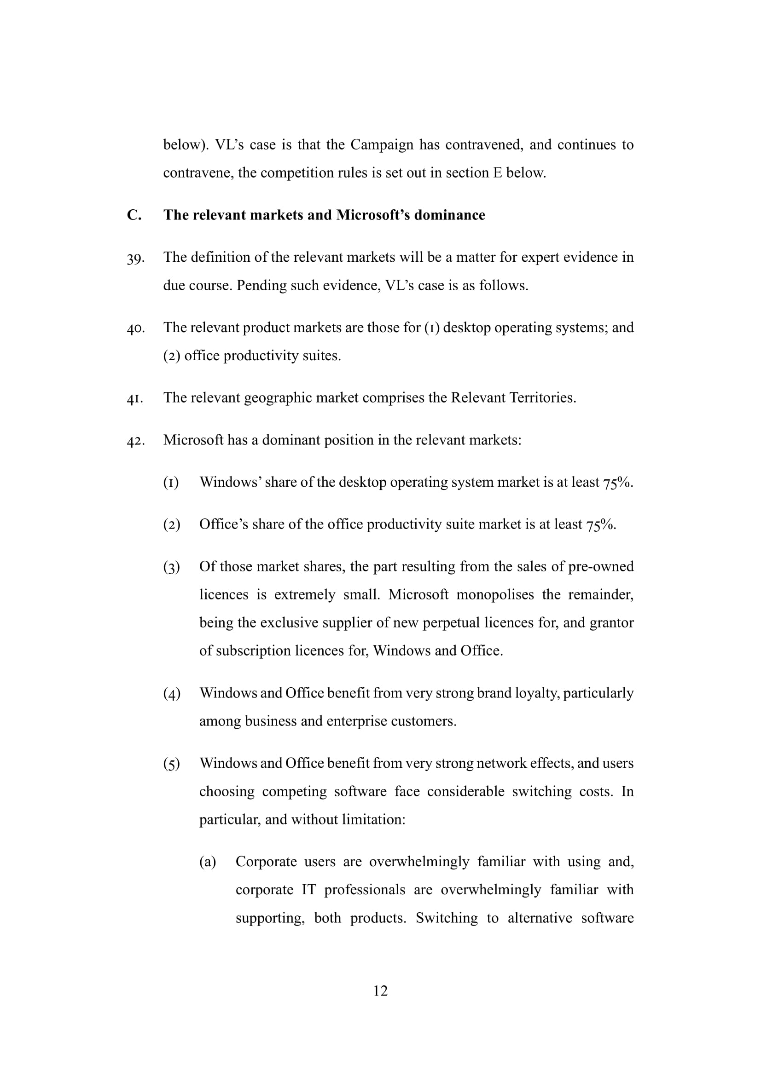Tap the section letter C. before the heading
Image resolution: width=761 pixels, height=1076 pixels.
point(134,215)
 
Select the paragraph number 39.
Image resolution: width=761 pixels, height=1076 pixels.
point(135,258)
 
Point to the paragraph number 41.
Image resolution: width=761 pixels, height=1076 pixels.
point(135,399)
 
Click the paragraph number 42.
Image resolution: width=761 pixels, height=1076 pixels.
point(135,441)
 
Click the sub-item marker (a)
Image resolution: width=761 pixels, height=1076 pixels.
point(208,862)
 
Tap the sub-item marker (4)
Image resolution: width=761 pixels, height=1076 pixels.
point(172,693)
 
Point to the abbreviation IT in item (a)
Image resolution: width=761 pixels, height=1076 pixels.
point(308,890)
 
